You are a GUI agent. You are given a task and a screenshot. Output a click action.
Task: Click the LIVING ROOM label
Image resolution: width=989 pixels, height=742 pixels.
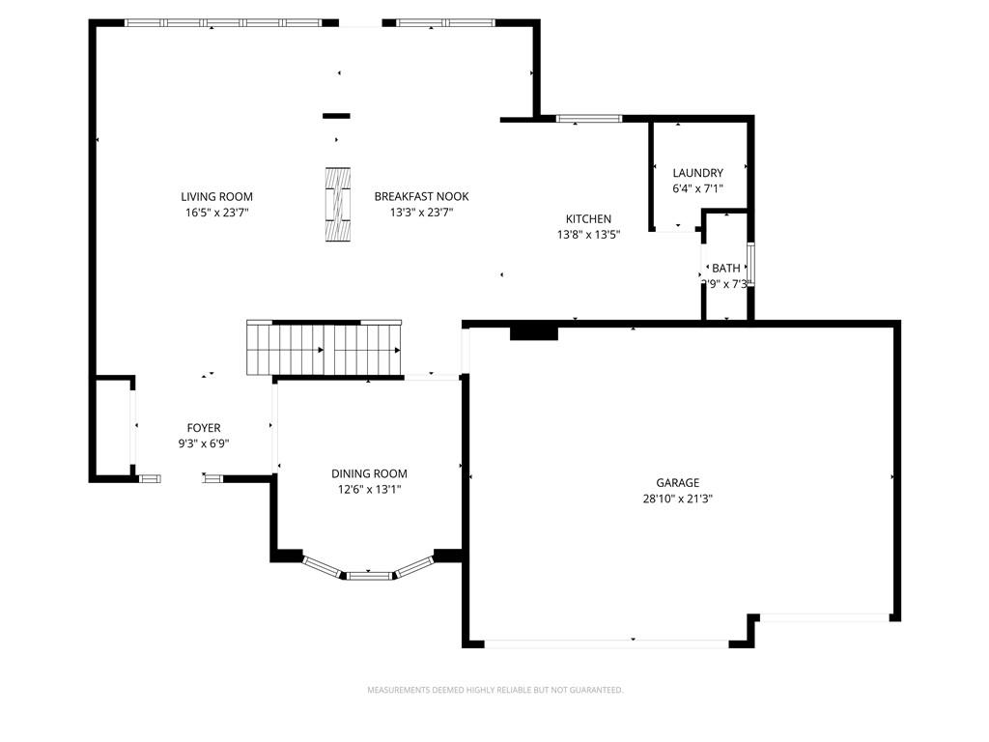coord(216,197)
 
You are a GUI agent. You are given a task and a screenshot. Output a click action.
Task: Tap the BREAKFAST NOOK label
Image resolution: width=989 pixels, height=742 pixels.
coord(421,197)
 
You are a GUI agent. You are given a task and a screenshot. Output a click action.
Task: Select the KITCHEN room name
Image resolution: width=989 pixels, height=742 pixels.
coord(588,219)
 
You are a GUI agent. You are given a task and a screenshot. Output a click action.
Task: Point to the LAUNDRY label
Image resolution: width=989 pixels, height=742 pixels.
coord(697,173)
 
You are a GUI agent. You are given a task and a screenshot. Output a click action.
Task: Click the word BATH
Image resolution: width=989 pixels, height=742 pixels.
coord(726,269)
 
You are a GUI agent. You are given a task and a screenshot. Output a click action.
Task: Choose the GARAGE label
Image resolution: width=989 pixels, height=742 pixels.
coord(677,483)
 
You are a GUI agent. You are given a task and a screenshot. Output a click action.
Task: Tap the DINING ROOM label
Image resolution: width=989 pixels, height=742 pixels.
coord(369,473)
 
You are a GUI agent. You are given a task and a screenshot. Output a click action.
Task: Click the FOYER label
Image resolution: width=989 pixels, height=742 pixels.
coord(203,428)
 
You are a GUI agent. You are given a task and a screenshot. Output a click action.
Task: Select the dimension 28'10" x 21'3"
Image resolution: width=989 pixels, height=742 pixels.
coord(677,499)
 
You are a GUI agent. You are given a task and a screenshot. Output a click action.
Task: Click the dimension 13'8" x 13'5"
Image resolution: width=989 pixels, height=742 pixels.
coord(588,234)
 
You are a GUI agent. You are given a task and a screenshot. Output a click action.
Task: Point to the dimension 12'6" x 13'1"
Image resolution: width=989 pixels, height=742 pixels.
coord(369,489)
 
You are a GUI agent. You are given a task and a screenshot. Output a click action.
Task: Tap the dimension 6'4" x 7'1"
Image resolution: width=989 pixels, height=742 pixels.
coord(697,188)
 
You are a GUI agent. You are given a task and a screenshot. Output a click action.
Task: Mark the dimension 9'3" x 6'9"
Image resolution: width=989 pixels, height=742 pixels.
coord(203,443)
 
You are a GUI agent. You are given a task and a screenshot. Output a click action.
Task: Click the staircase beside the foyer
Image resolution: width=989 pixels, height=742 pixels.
coord(325,348)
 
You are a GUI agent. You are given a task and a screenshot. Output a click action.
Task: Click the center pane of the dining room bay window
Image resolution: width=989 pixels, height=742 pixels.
coord(371,576)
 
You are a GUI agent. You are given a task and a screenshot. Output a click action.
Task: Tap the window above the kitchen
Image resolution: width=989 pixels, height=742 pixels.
coord(589,119)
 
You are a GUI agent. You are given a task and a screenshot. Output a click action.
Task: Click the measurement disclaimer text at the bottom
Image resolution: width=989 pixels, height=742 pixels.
coord(494,690)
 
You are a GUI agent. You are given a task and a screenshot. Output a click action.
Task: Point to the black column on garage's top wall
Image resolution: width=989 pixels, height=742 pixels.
coord(533,332)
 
